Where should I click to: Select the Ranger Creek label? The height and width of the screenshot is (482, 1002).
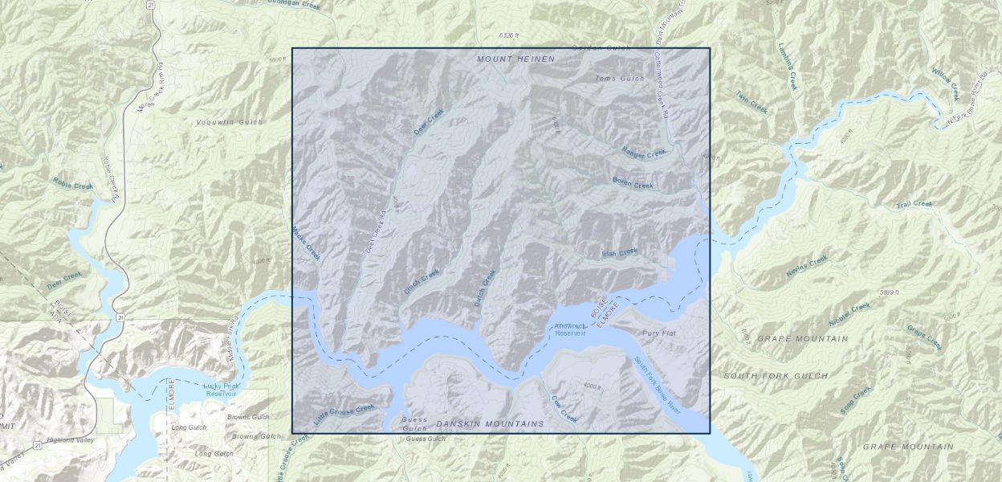[644, 152]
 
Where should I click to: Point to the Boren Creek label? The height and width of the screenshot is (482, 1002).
[633, 183]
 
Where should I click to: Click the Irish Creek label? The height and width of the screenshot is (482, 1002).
[619, 252]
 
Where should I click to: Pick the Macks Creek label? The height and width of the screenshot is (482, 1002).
[306, 242]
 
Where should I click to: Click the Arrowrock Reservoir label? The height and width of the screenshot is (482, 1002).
[571, 329]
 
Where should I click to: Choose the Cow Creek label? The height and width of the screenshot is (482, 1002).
[564, 409]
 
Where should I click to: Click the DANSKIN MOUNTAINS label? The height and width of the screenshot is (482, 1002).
[490, 423]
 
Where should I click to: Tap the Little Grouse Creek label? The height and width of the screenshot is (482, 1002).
[344, 414]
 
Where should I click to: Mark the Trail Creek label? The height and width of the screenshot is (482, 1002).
[914, 204]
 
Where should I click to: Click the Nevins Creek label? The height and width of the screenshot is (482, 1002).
[806, 266]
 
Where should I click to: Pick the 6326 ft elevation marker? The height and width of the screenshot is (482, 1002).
[509, 35]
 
